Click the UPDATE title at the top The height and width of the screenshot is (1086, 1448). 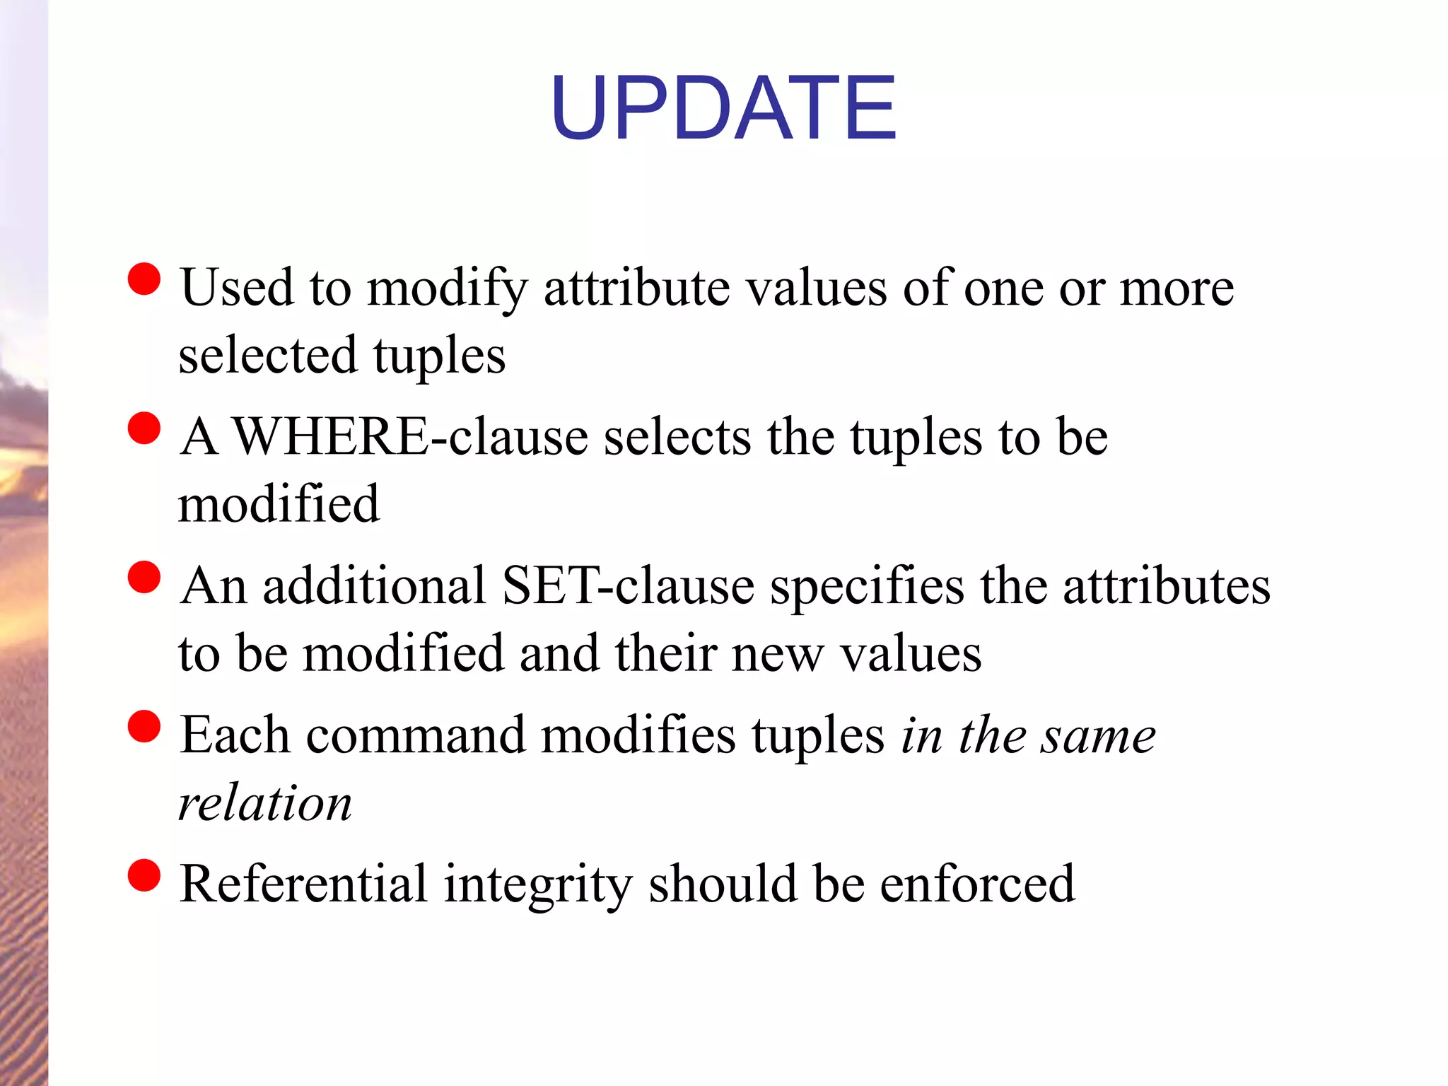point(723,107)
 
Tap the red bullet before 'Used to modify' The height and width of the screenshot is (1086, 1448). point(144,279)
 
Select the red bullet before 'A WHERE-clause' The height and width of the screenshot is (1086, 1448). point(144,428)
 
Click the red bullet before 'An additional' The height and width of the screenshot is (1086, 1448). point(144,577)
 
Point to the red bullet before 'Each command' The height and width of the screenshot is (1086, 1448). point(144,726)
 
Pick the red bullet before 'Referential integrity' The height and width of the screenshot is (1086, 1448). point(144,875)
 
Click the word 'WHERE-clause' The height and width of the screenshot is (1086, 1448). point(410,437)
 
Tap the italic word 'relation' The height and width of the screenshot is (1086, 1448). point(265,804)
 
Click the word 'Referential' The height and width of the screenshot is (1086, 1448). point(303,884)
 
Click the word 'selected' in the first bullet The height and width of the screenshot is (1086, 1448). point(268,356)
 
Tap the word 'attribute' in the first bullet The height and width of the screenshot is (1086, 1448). point(636,288)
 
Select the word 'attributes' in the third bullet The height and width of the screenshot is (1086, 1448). point(1167,586)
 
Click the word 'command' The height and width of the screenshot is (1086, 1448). point(416,735)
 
